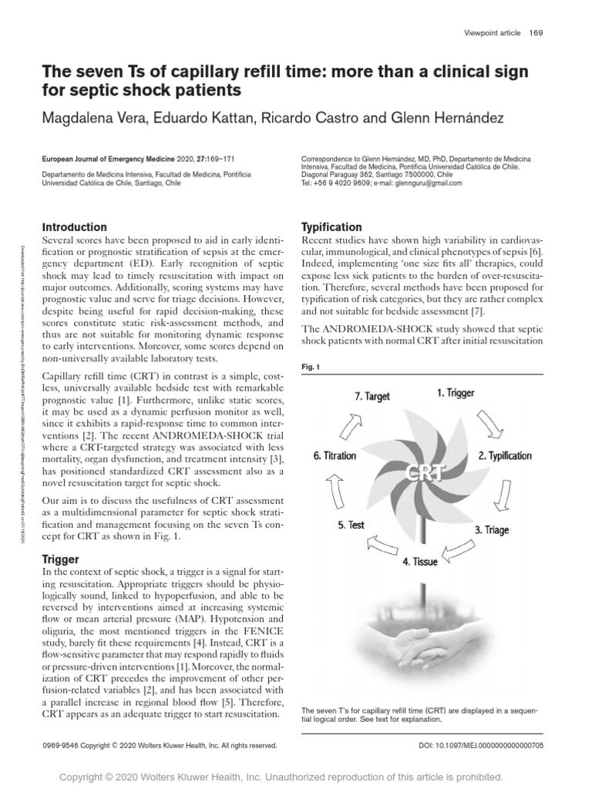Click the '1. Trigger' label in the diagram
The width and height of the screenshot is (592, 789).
coord(456,394)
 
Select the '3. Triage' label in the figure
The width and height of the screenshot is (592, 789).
coord(491,530)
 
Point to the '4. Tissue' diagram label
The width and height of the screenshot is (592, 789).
coord(419,561)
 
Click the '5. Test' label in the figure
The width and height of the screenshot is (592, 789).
coord(351,525)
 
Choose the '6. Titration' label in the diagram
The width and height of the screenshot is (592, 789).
coord(335,455)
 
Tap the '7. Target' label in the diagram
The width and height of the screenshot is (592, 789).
coord(372,397)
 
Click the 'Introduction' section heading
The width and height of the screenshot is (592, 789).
coord(74,227)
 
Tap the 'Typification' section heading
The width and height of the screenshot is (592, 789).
coord(331,227)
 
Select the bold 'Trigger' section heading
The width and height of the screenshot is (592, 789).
coord(60,559)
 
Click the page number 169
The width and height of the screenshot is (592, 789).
coord(536,32)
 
